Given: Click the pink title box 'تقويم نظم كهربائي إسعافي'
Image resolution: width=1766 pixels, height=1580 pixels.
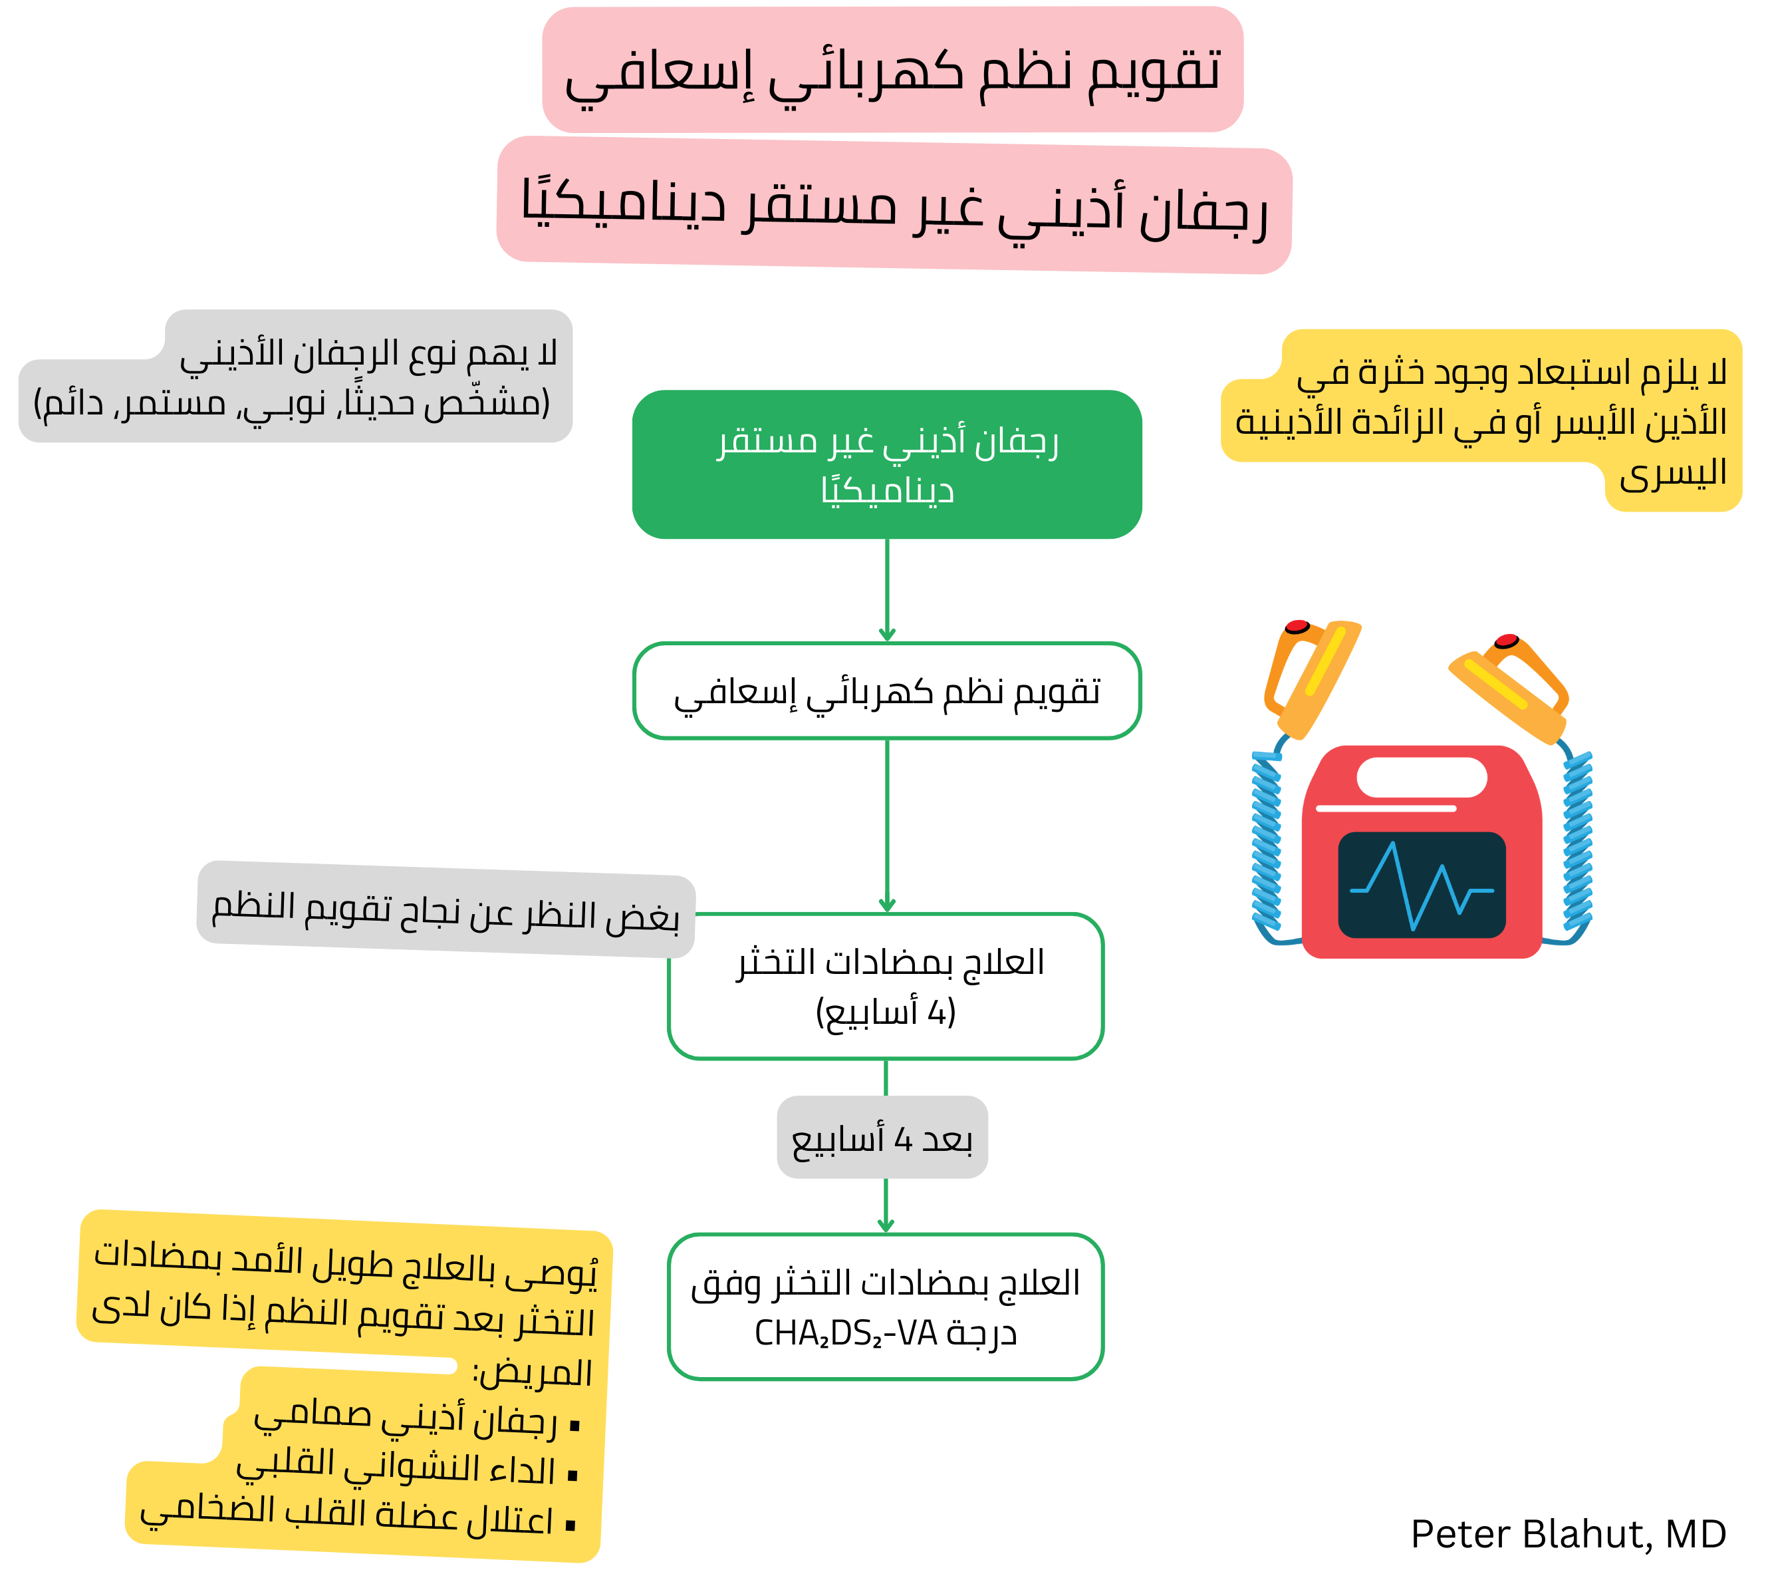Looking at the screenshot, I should (x=892, y=69).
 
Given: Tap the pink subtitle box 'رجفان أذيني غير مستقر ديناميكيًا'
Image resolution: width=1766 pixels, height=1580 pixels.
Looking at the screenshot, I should (x=894, y=205).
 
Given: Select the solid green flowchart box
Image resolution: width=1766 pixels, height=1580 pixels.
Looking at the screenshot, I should (x=886, y=464).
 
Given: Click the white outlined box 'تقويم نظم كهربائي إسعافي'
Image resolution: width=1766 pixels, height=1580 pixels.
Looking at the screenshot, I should (x=886, y=691).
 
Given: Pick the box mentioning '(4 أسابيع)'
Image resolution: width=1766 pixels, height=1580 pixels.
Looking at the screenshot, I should (x=885, y=986).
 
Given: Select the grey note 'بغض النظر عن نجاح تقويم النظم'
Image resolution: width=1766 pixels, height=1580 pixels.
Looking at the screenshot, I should (x=445, y=911).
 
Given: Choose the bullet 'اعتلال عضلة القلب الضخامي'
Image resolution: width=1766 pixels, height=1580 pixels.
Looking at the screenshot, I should (x=347, y=1517).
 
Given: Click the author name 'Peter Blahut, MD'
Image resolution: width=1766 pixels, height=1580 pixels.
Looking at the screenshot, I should (x=1567, y=1535).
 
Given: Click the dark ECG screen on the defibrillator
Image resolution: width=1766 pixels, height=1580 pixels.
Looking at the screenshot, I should (x=1422, y=885).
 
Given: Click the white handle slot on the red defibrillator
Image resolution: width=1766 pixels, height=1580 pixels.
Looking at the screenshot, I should (x=1422, y=777).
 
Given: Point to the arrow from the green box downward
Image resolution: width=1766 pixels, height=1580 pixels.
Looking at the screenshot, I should (x=886, y=590).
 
